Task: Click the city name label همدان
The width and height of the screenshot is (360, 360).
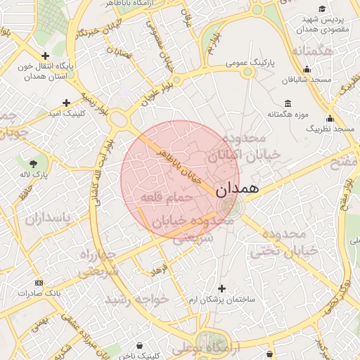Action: pos(237,189)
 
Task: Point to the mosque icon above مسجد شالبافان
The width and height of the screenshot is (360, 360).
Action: pos(307,70)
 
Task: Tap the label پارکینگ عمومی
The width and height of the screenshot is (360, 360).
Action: pos(251,63)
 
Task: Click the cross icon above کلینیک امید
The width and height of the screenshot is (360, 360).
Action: pos(67,103)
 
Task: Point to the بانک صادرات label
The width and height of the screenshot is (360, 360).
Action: pos(39,292)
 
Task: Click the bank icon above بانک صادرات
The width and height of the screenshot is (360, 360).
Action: pos(39,283)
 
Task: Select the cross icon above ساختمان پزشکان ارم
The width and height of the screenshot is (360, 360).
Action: pos(221,289)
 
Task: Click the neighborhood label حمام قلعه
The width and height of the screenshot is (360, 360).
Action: pos(167,199)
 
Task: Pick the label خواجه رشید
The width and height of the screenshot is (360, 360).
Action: pos(138,300)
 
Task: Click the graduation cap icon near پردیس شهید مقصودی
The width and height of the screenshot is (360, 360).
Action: pos(322,9)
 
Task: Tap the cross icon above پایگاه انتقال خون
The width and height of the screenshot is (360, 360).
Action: pos(46,56)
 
